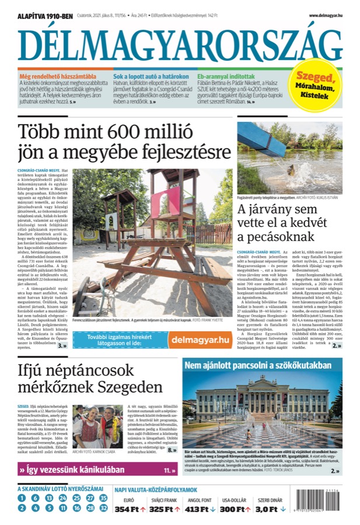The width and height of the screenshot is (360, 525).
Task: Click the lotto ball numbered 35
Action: tap(103, 498)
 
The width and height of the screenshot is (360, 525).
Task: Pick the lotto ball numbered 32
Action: tap(103, 508)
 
